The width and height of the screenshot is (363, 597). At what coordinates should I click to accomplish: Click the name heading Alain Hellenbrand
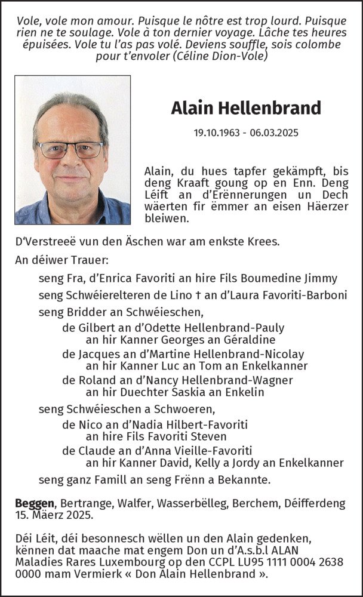coord(246,108)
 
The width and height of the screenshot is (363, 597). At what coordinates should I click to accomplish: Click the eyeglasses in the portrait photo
coord(70,149)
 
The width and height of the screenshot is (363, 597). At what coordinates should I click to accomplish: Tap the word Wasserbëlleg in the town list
coord(190,503)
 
